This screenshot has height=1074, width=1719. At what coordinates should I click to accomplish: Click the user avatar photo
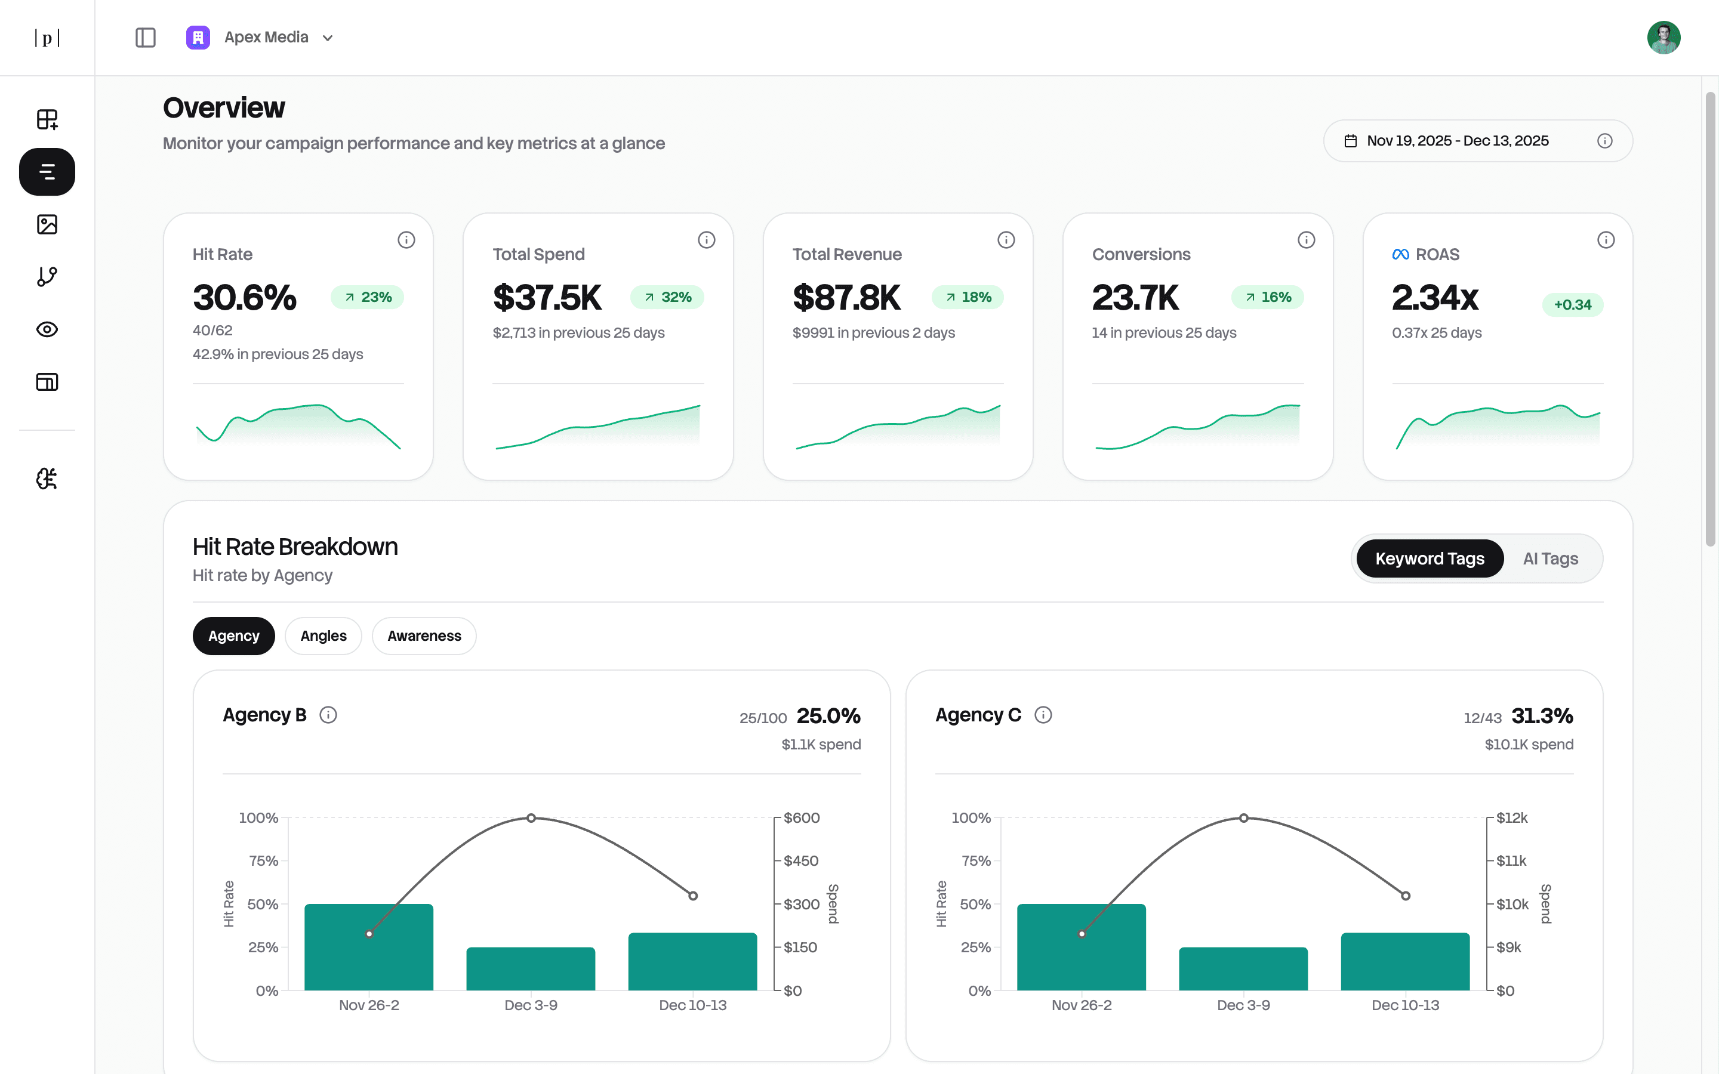click(x=1663, y=38)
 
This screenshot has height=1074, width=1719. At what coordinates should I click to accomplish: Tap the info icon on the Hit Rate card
click(x=406, y=240)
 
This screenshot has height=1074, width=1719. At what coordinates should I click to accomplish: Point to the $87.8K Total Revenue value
click(x=846, y=298)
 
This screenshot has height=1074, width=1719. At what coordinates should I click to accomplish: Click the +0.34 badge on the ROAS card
click(x=1572, y=305)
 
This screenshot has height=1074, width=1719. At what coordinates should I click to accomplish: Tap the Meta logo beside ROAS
click(x=1400, y=254)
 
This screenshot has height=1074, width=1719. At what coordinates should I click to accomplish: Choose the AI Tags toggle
click(x=1550, y=559)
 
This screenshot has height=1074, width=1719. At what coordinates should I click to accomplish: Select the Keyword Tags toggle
click(x=1429, y=559)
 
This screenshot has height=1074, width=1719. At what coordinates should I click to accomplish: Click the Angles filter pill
click(x=323, y=635)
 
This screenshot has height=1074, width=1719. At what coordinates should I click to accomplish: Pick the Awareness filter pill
click(x=424, y=635)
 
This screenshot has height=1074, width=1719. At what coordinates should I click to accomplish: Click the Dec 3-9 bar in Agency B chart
click(x=531, y=969)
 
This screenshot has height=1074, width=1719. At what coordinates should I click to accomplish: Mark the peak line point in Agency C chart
click(x=1243, y=818)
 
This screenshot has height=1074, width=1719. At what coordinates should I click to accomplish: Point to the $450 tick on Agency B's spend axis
click(x=800, y=861)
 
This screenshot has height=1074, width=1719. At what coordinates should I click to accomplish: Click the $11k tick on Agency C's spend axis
click(x=1511, y=861)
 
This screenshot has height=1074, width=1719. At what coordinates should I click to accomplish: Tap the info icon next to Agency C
click(x=1043, y=715)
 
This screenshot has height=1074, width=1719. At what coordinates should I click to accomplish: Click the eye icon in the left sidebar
click(x=47, y=329)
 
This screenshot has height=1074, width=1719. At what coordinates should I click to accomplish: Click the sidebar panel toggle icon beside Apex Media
click(x=146, y=38)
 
